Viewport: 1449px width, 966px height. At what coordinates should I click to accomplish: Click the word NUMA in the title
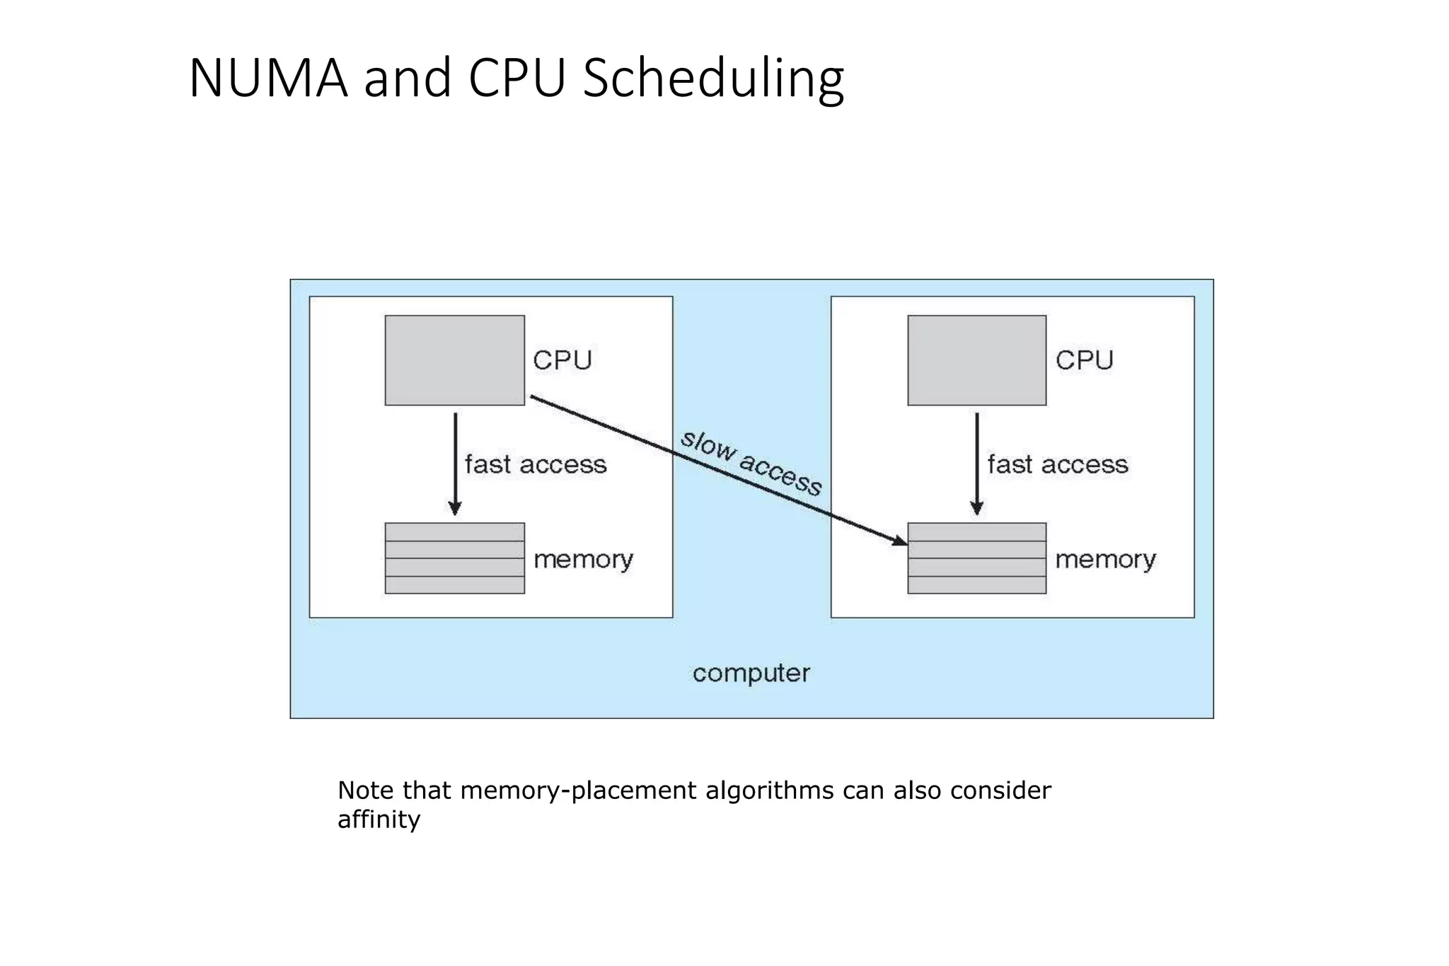coord(268,78)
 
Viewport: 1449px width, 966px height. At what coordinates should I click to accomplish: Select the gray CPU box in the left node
coord(454,360)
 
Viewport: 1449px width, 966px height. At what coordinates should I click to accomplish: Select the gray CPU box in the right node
coord(976,360)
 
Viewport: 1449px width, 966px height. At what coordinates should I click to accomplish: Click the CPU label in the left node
coord(562,360)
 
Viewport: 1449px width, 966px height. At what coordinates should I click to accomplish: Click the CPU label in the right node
coord(1085,360)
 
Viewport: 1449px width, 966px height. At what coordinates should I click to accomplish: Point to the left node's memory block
coord(454,558)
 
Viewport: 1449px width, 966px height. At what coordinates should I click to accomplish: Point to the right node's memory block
coord(976,558)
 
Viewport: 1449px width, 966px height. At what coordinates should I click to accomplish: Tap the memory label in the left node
coord(583,560)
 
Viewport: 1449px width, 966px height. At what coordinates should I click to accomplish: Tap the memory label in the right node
coord(1105,560)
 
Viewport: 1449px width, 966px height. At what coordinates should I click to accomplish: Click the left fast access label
coord(536,465)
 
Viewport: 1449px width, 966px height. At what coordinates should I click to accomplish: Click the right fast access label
coord(1058,465)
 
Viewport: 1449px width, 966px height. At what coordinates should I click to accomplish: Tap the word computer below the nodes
coord(751,673)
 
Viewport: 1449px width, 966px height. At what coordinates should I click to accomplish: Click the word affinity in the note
coord(379,820)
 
